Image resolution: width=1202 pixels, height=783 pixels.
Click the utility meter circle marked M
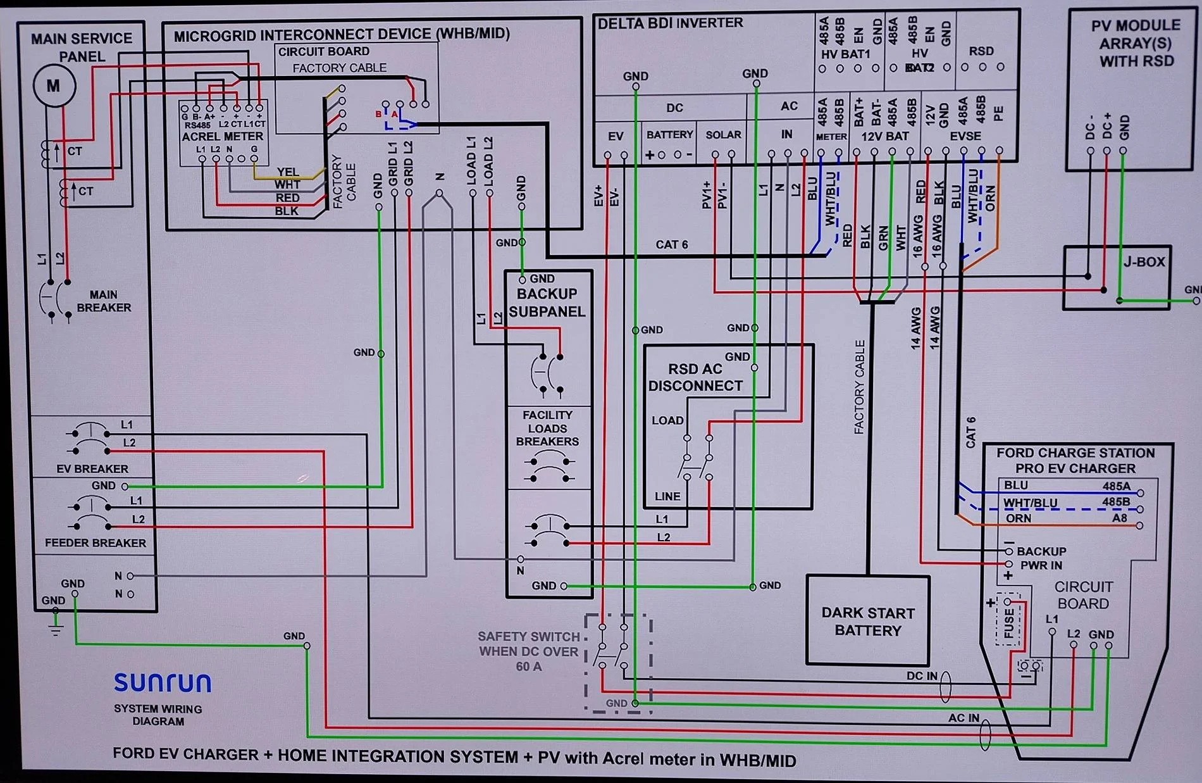coord(54,85)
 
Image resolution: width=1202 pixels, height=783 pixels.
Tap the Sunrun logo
coord(163,682)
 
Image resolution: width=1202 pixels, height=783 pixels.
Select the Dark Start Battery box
coord(867,621)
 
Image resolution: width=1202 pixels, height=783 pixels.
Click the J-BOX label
coord(1144,262)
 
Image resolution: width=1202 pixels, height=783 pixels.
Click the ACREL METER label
coord(222,136)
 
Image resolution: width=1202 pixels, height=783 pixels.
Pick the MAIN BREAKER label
coord(104,301)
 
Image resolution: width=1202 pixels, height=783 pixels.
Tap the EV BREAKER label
coord(92,469)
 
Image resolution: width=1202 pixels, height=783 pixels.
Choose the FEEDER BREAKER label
coord(95,543)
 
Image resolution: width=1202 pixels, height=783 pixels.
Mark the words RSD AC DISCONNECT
coord(695,377)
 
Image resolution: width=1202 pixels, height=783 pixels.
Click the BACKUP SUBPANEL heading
coord(547,303)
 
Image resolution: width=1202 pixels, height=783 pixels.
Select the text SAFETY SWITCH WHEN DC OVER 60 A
coord(528,651)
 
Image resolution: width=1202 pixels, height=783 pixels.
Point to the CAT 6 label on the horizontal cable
coord(671,244)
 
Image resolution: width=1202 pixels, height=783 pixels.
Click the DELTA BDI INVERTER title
coord(670,23)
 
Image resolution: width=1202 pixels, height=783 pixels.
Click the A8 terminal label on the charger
coord(1120,518)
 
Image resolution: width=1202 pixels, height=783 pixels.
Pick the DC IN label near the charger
coord(922,676)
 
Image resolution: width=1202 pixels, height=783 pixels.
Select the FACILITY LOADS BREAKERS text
coord(547,429)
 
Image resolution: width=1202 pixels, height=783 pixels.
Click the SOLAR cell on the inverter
coord(723,135)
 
